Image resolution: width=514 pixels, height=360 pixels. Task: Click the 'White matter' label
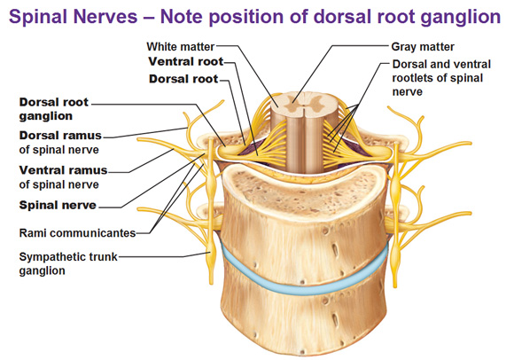coord(181,47)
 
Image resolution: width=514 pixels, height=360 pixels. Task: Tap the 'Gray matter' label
coord(423,47)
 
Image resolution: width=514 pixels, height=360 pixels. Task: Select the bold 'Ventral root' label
coord(186,62)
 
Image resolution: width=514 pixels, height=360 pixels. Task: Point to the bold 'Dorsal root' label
coord(183,79)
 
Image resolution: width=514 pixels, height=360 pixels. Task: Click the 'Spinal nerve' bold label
coord(58,205)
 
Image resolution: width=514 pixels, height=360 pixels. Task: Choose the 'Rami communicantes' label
coord(77,233)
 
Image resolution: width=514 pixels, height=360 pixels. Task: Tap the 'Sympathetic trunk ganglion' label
coord(68,264)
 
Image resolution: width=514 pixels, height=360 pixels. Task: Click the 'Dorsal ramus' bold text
coord(60,136)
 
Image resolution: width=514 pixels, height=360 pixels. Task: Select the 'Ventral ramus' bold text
coord(63,170)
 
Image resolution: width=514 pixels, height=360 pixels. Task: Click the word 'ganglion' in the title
coord(460,17)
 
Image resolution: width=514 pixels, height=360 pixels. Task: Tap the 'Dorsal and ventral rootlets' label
coord(441,78)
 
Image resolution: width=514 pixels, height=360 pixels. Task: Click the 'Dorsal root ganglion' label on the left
coord(54,109)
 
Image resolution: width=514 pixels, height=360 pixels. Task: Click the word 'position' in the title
coord(245,17)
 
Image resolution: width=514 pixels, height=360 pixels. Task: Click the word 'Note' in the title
coord(183,16)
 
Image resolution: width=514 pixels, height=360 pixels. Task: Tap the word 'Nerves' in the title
coord(107,16)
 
